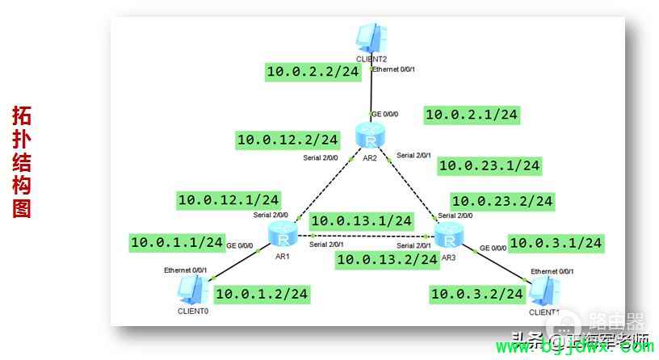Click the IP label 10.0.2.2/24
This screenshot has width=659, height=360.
point(313,72)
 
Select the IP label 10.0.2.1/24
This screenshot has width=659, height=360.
point(472,115)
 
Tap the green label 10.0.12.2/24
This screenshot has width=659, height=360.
point(288,140)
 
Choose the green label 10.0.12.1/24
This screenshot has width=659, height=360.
point(229,199)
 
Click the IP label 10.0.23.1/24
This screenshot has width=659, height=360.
point(489,166)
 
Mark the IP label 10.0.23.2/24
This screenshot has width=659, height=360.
point(502,201)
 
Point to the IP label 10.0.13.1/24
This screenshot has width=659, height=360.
point(362,220)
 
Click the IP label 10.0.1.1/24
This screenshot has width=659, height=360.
point(177,241)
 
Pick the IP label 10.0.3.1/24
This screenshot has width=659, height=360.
point(556,242)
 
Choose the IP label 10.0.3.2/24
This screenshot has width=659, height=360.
point(477,294)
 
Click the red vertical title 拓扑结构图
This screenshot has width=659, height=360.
point(22,161)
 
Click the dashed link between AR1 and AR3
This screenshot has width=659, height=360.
point(363,237)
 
